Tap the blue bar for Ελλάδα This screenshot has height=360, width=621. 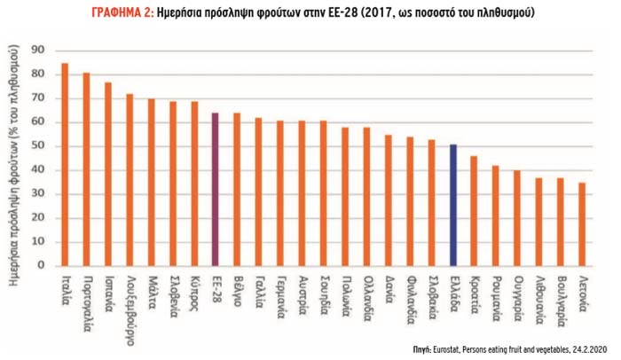point(453,204)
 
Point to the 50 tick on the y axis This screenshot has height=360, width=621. point(36,146)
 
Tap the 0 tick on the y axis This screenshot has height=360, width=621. point(40,264)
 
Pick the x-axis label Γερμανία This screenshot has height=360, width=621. point(280,296)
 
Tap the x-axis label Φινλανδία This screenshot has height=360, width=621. point(410,299)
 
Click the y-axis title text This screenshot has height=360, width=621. point(14,160)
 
